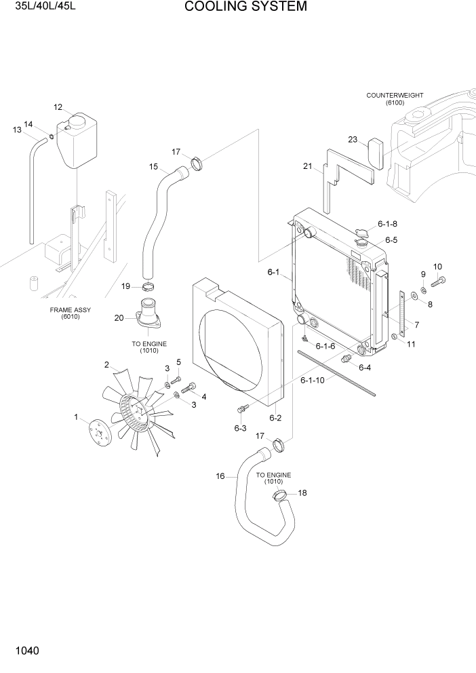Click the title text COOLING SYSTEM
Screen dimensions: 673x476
[x=236, y=7]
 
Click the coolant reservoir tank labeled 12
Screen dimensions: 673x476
[x=77, y=141]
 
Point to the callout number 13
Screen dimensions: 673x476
[x=18, y=130]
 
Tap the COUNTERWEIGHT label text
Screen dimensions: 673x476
[x=394, y=96]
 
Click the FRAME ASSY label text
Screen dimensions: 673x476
[x=71, y=310]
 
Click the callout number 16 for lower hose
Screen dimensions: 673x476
[x=220, y=476]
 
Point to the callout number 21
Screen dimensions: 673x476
[x=307, y=166]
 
